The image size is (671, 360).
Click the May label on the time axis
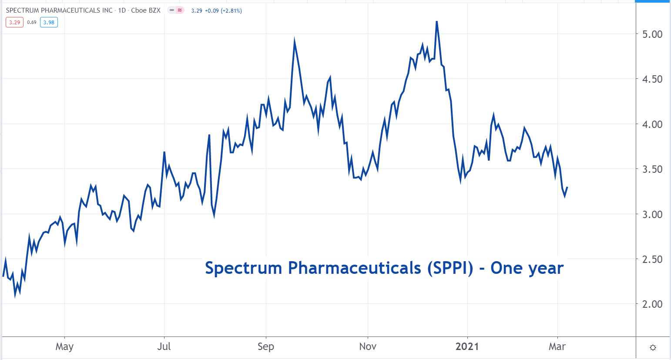[64, 347]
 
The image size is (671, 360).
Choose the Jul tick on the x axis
[164, 347]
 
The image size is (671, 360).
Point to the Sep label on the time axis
[266, 347]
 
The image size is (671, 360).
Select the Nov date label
[368, 347]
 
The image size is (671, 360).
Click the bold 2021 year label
[467, 347]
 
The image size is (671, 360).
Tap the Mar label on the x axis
[557, 347]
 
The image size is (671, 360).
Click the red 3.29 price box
[15, 22]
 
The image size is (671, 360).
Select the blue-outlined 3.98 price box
[49, 22]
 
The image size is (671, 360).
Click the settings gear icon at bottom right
[653, 347]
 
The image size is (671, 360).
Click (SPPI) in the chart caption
[450, 268]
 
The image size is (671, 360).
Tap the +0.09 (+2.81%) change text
[223, 10]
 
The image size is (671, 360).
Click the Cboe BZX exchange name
[146, 10]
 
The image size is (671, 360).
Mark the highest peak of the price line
[436, 21]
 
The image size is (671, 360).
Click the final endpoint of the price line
[567, 187]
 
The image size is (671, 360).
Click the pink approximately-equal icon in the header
[180, 10]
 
